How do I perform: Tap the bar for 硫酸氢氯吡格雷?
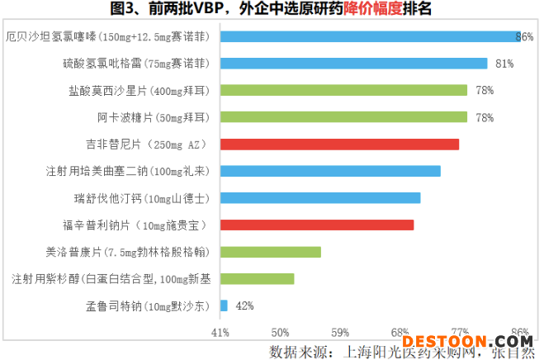click(354, 64)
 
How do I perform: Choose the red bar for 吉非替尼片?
click(339, 144)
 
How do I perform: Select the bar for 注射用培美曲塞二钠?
click(330, 171)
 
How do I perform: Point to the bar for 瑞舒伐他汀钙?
click(320, 198)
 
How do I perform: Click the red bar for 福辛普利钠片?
click(317, 225)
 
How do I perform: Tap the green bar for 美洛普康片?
click(271, 252)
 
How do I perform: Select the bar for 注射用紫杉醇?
click(258, 279)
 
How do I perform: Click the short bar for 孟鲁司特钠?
click(224, 306)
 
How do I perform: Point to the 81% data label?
click(504, 64)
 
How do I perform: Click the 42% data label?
click(244, 306)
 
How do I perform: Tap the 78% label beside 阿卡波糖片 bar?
click(485, 117)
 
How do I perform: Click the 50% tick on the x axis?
click(281, 332)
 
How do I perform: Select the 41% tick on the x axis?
click(220, 332)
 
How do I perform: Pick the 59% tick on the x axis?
click(341, 332)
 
